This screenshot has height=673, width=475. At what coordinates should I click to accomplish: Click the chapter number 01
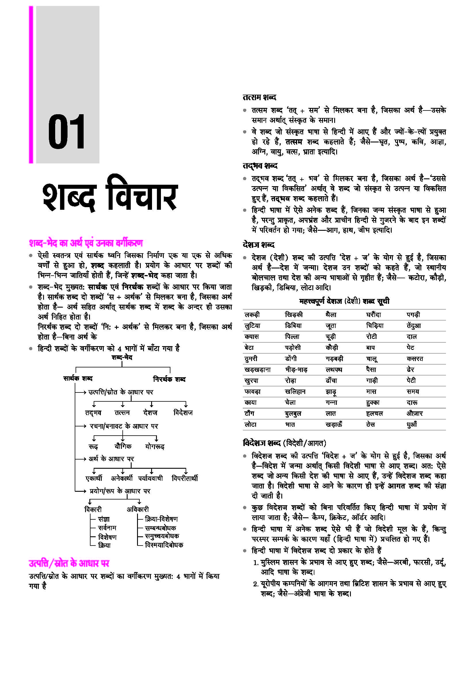tap(66, 132)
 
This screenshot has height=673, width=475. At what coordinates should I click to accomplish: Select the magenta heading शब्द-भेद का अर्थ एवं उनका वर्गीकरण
tap(86, 243)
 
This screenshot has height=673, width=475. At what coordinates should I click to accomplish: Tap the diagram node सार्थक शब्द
tap(78, 378)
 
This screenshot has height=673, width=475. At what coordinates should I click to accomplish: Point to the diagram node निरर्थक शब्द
tap(169, 379)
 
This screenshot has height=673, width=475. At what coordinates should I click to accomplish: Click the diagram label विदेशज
tap(183, 413)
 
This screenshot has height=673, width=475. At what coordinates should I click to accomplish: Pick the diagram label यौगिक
tap(123, 446)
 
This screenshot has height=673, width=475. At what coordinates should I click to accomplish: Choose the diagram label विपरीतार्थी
tap(185, 478)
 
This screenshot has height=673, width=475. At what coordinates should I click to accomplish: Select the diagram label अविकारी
tap(138, 510)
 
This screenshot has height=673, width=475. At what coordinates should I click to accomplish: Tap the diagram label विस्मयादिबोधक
tap(164, 545)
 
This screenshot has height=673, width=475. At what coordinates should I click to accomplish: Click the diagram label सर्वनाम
tap(107, 528)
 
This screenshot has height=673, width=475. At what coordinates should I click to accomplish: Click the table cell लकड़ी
tap(252, 315)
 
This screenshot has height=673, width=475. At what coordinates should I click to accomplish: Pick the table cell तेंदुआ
tap(414, 326)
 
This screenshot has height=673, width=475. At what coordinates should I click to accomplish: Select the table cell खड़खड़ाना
tap(257, 370)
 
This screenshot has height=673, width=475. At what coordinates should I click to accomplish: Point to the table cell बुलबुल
tap(293, 413)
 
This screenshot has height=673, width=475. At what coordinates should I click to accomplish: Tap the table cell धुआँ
tap(412, 424)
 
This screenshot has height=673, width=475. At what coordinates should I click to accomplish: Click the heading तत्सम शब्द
tap(259, 97)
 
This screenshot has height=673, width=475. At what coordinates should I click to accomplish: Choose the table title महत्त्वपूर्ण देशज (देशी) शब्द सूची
tap(344, 301)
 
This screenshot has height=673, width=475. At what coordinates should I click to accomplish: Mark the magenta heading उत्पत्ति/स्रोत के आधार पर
tap(69, 563)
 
